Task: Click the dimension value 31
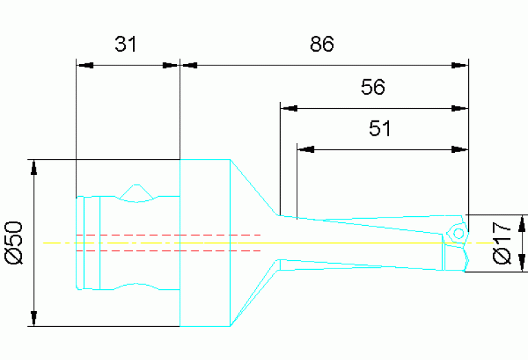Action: (127, 45)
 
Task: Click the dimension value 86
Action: (321, 45)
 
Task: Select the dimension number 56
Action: (373, 87)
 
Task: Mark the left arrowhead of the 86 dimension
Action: (189, 66)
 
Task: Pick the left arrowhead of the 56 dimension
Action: (289, 108)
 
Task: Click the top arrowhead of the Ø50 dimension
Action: (33, 167)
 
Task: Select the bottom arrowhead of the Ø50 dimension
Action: (33, 318)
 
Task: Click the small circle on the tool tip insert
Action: (455, 233)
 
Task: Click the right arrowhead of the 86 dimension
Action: (459, 66)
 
